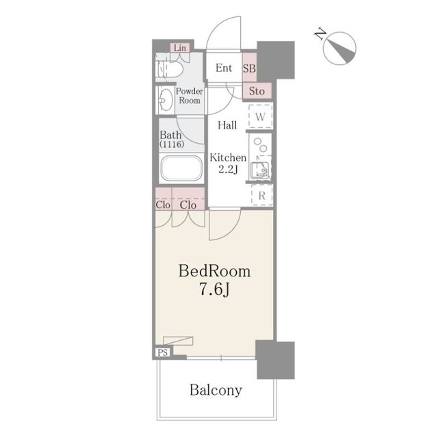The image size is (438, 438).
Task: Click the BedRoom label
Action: (214, 271)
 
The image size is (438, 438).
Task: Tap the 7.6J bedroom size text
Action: (214, 289)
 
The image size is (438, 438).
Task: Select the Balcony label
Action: (216, 390)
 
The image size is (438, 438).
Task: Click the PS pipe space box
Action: (163, 352)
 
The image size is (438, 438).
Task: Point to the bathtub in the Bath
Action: (181, 168)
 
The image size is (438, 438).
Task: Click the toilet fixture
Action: (170, 68)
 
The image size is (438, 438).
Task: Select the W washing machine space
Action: (260, 116)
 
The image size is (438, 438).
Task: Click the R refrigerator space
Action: (262, 196)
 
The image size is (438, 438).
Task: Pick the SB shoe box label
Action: (249, 68)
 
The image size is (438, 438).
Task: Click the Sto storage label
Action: (257, 91)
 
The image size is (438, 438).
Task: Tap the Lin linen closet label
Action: (180, 48)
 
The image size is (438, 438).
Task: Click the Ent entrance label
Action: (224, 68)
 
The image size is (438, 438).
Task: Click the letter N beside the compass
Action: (320, 34)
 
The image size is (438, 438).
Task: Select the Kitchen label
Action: (228, 158)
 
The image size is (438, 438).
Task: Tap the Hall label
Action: (227, 125)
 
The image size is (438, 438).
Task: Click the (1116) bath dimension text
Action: (172, 144)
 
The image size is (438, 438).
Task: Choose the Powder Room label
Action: (190, 96)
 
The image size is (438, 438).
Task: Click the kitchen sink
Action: (260, 170)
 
